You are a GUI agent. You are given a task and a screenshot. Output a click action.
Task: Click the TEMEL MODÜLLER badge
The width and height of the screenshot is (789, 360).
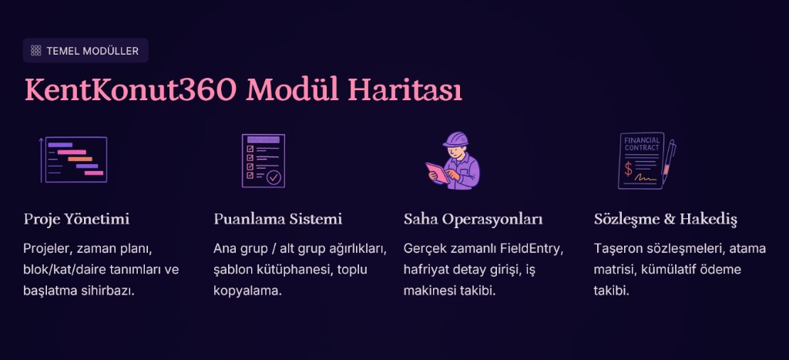[x=85, y=51]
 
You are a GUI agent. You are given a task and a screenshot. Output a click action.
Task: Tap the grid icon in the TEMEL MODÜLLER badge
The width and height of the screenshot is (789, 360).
[x=35, y=51]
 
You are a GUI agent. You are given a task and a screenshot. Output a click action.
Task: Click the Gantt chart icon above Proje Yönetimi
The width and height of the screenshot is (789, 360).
[x=73, y=160]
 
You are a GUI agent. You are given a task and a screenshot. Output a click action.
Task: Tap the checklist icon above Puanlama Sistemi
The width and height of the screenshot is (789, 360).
[x=263, y=160]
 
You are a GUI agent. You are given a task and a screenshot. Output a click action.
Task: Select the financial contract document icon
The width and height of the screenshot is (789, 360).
[x=641, y=160]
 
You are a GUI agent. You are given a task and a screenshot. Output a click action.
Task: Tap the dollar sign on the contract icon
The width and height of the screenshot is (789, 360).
[x=629, y=167]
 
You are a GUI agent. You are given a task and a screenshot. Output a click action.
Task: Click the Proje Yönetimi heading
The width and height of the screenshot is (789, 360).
[x=76, y=220]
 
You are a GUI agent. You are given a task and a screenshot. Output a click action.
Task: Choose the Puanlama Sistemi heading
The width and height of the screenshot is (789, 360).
[x=277, y=220]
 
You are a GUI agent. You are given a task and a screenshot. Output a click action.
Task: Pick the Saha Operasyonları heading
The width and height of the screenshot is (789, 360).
[x=473, y=220]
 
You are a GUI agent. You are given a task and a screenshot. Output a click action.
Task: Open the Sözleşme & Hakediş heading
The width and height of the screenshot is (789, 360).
[x=666, y=220]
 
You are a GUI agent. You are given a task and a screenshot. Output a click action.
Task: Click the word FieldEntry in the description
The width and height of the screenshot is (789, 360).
[x=536, y=249]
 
